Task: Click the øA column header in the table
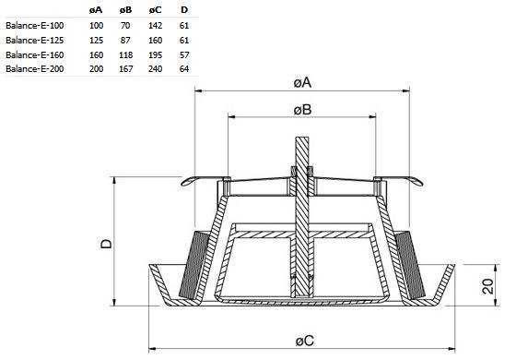[x=96, y=10]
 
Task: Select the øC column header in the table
[x=156, y=10]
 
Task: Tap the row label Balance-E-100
[x=35, y=26]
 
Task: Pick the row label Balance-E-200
[x=35, y=69]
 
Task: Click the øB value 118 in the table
[x=125, y=54]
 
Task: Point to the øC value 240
[x=156, y=69]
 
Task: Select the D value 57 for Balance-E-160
[x=184, y=54]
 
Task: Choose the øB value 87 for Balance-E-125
[x=125, y=41]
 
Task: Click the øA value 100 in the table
[x=96, y=26]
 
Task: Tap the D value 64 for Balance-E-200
[x=184, y=69]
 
